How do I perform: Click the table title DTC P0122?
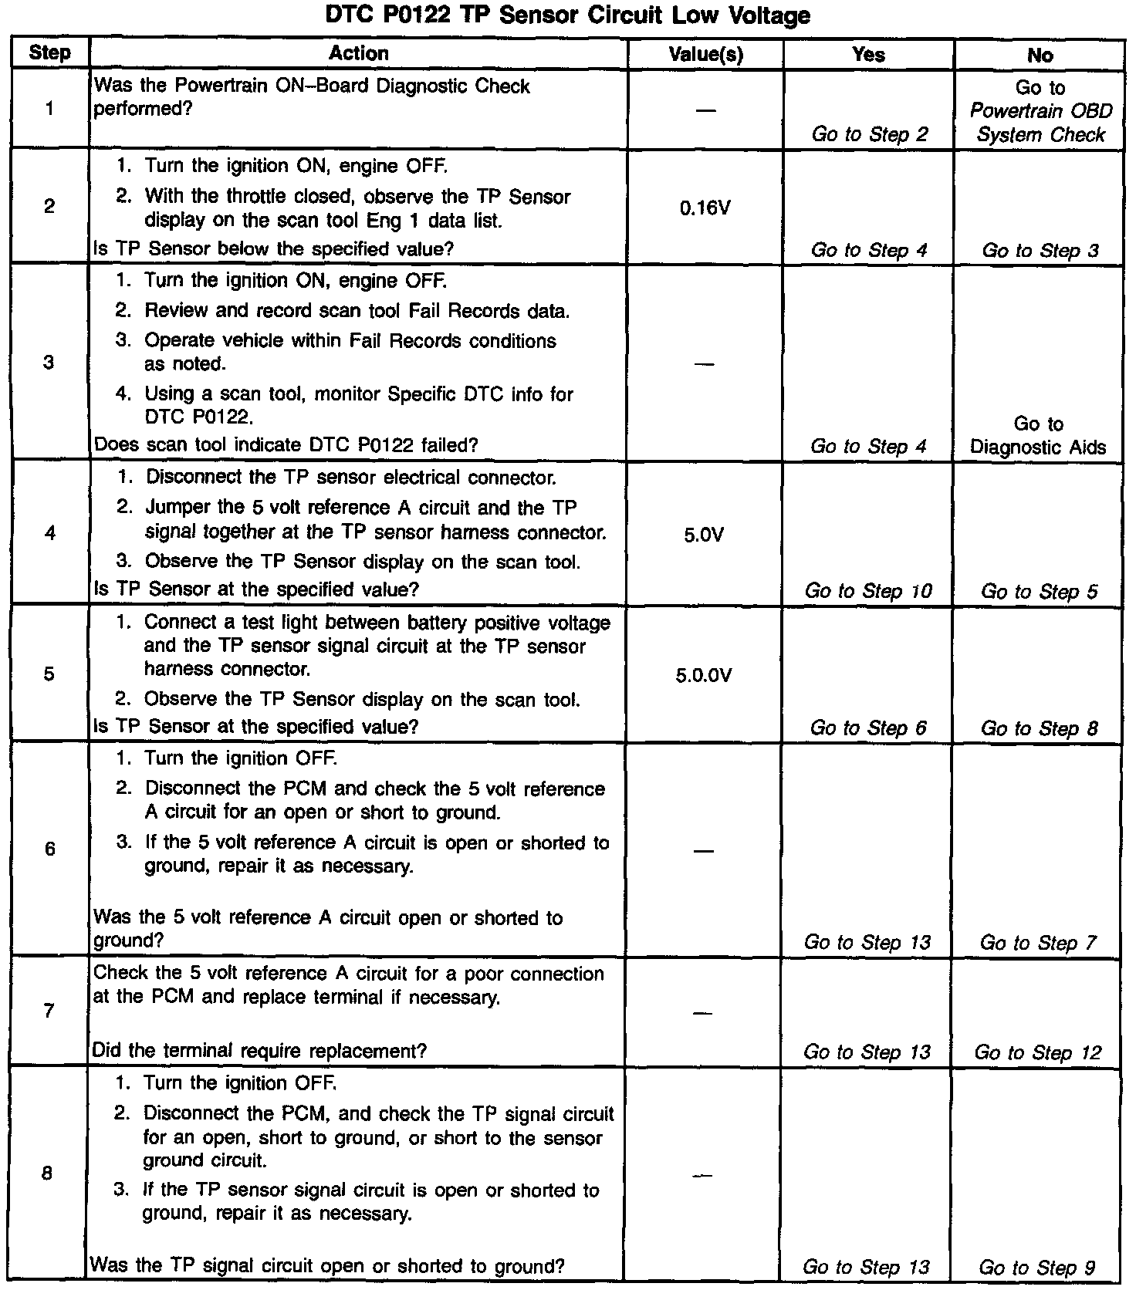(x=567, y=15)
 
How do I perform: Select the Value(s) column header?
(x=705, y=54)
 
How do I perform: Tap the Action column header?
(x=358, y=53)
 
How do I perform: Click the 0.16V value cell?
(x=705, y=208)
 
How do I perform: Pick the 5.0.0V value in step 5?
(x=704, y=676)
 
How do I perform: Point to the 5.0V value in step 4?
(x=704, y=535)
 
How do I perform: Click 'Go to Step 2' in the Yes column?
(x=869, y=134)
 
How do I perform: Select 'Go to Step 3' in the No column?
(x=1040, y=251)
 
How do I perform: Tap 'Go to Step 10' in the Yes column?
(x=868, y=591)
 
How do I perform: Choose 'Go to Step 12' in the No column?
(x=1038, y=1052)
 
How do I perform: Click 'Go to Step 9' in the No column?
(x=1036, y=1267)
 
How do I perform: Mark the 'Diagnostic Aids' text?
(x=1038, y=447)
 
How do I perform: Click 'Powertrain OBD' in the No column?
(x=1040, y=111)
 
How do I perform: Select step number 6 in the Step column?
(x=49, y=849)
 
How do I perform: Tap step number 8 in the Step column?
(x=47, y=1173)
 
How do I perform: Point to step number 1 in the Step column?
(x=49, y=109)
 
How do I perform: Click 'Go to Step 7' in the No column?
(x=1038, y=943)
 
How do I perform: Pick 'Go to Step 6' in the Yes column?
(x=868, y=728)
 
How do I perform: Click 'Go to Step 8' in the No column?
(x=1039, y=728)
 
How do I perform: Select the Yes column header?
(x=868, y=54)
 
